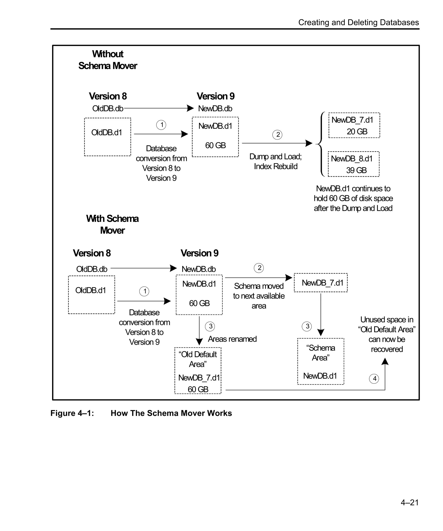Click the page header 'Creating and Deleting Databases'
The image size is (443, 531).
click(358, 22)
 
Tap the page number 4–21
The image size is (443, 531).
click(410, 502)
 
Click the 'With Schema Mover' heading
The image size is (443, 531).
click(112, 224)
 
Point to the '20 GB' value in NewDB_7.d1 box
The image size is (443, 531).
click(357, 132)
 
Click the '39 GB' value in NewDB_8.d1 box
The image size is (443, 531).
click(356, 170)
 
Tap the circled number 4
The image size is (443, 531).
click(374, 378)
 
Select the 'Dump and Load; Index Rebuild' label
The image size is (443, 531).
click(275, 161)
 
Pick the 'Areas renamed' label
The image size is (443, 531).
click(232, 339)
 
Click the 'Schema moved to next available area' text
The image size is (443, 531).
click(259, 296)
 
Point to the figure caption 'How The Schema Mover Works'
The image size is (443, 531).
click(171, 413)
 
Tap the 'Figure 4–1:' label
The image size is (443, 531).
click(72, 413)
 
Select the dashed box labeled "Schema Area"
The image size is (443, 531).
click(321, 361)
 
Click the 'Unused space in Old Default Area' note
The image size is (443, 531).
click(387, 334)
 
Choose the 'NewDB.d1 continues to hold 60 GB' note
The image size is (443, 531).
click(353, 198)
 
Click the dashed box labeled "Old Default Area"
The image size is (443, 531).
click(198, 370)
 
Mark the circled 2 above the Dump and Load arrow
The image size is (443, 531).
click(278, 135)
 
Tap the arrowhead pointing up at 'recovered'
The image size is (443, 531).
click(385, 362)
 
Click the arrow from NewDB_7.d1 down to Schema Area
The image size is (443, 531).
click(321, 313)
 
